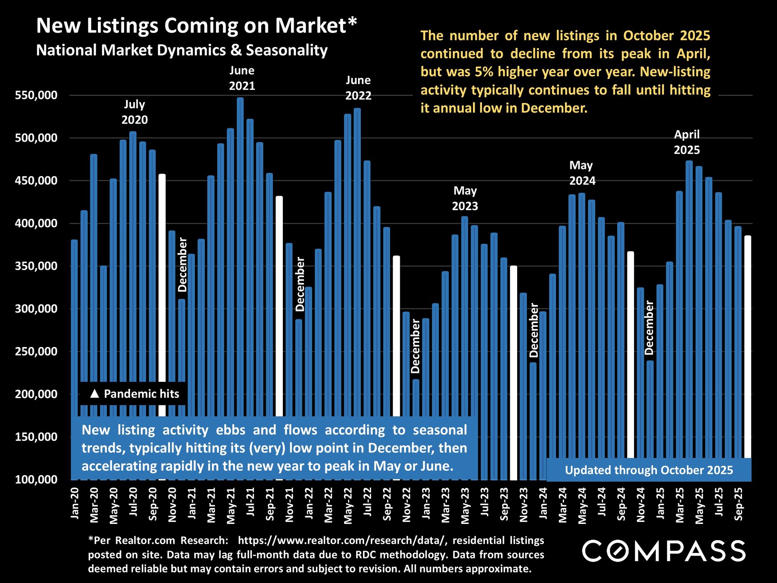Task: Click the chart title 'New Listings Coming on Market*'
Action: (197, 26)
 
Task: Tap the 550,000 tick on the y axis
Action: (36, 96)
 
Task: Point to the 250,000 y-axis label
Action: (36, 351)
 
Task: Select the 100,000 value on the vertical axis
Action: (36, 479)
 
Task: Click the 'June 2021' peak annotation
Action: (242, 78)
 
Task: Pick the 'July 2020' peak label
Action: (135, 112)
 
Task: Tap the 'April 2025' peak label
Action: (687, 142)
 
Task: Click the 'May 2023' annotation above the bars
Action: (465, 198)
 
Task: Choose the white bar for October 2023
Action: (514, 364)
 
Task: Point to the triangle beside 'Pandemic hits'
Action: (95, 394)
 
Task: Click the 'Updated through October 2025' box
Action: (649, 470)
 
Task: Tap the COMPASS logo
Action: (664, 551)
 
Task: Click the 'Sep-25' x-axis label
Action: (739, 504)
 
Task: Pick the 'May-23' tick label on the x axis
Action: (466, 506)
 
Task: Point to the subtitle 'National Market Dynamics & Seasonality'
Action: (182, 50)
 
